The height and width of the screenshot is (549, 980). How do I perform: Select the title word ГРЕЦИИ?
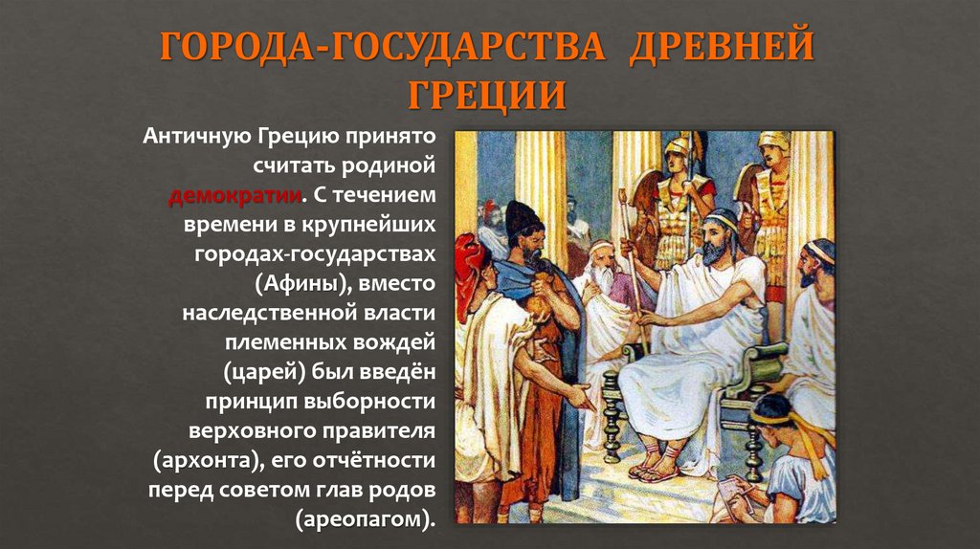[489, 95]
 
